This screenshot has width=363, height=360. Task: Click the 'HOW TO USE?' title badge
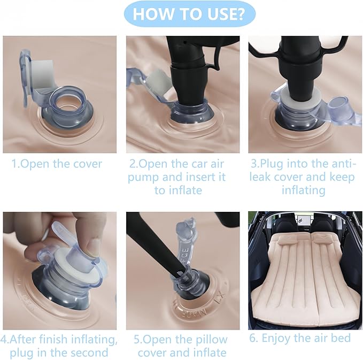pos(190,14)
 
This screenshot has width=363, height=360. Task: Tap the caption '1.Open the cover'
pos(57,164)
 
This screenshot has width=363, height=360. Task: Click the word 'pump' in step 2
pos(143,178)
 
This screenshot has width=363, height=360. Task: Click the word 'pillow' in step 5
pos(212,340)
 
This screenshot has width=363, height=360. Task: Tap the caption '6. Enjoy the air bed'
pos(300,338)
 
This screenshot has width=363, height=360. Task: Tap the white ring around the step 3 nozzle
pos(301,99)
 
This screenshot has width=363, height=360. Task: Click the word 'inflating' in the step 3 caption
pos(304,190)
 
